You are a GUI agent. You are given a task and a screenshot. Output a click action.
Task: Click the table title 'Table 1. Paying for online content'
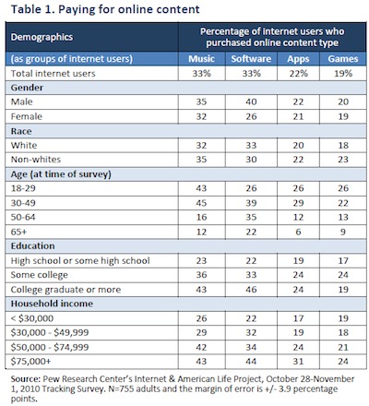tap(105, 9)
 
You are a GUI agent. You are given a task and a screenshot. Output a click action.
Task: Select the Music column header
tap(201, 58)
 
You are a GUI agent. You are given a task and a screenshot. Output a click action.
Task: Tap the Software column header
tap(251, 58)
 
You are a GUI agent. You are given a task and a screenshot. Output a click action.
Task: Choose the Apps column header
tap(298, 59)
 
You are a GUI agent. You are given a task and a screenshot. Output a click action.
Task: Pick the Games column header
tap(343, 58)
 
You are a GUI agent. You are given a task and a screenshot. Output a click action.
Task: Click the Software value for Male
tap(251, 101)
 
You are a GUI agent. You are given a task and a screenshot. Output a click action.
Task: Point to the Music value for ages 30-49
tap(201, 203)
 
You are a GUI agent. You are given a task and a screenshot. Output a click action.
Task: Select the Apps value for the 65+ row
tap(298, 232)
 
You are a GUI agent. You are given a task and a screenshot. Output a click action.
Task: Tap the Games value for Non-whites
tap(343, 160)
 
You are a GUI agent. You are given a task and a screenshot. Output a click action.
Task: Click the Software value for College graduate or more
tap(251, 290)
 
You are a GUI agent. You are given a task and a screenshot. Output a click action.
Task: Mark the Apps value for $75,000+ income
tap(298, 362)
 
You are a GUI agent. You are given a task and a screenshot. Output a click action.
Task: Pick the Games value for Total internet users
tap(343, 73)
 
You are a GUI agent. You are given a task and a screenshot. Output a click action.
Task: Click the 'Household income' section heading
tap(52, 304)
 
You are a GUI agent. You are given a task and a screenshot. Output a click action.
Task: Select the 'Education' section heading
tap(32, 246)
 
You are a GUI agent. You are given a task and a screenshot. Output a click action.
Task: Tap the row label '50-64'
tap(23, 217)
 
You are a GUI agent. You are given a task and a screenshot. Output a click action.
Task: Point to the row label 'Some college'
tap(40, 275)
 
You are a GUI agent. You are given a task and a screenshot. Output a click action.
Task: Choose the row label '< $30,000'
tap(32, 318)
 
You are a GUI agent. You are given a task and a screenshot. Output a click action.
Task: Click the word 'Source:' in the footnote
tap(26, 378)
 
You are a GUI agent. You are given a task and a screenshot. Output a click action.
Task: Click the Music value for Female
tap(201, 116)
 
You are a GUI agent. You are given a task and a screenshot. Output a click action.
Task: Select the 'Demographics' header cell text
tap(42, 37)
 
